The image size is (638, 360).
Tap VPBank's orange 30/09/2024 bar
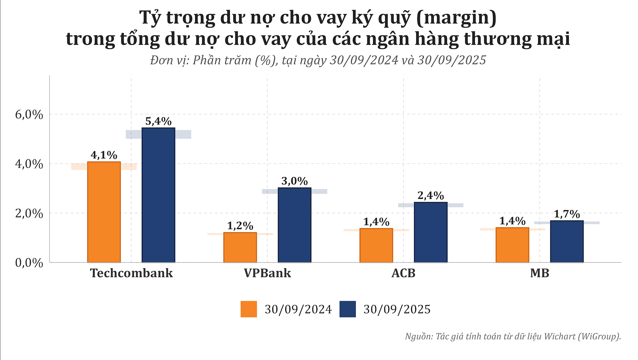pos(240,247)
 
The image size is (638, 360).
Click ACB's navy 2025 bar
pos(431,232)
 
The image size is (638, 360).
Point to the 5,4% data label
pos(158,121)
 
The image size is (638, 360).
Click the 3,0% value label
pos(294,181)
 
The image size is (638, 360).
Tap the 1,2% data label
pos(240,226)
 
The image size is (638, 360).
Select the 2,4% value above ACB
pos(431,196)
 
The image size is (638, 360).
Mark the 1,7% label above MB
pos(567,214)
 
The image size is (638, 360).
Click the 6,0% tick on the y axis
pos(29,115)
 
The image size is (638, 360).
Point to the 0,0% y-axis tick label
pos(29,263)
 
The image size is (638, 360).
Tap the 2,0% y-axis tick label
pos(29,213)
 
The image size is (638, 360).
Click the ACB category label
pos(403,273)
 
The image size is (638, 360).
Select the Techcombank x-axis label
pos(131,273)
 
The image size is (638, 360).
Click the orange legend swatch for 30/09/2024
pos(249,309)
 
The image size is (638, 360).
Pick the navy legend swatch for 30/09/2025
pos(348,309)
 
